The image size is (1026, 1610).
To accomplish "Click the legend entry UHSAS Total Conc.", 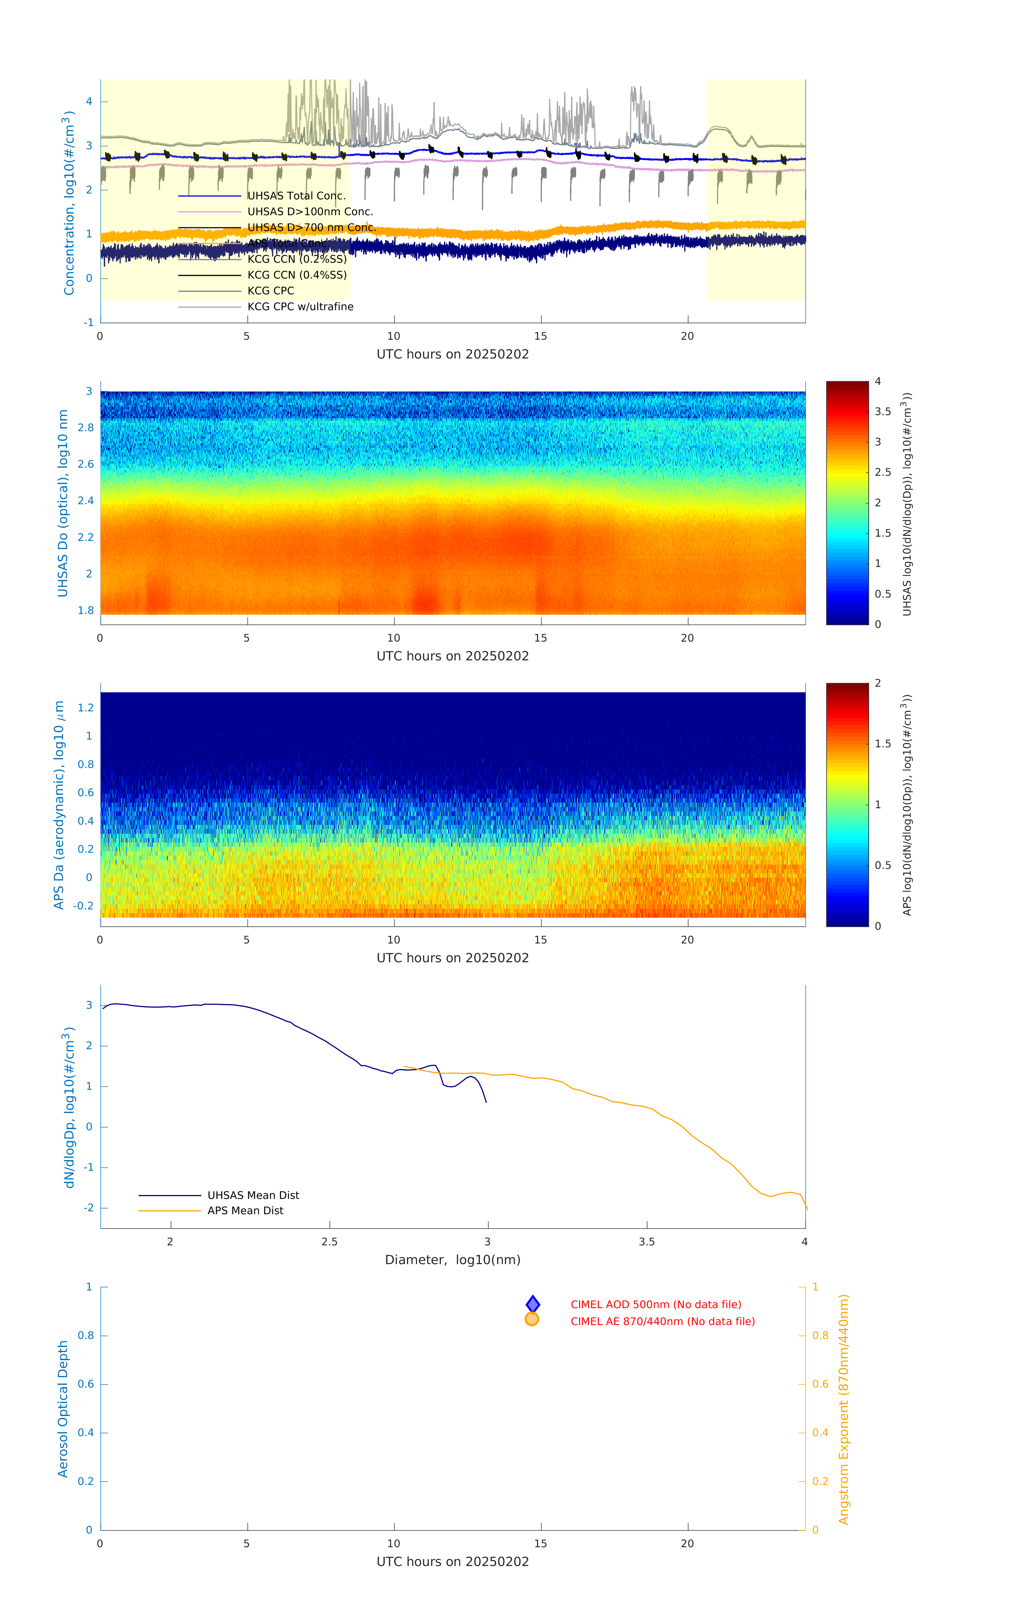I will (296, 196).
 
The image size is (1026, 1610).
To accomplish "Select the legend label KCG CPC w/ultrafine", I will (300, 307).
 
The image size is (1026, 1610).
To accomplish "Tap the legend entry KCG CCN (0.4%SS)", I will (297, 275).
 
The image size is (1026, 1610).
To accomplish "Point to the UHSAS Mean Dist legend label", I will (253, 1195).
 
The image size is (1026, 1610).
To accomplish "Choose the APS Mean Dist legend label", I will (245, 1211).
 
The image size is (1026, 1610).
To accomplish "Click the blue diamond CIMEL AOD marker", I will (533, 1304).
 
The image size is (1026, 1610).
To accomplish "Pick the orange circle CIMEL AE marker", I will (532, 1319).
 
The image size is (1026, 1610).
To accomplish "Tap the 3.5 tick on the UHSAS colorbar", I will (883, 412).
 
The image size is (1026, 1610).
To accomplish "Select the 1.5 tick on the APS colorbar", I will (883, 744).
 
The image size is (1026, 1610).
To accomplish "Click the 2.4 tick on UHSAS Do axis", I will (86, 501).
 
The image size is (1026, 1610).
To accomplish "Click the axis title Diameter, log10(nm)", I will (453, 1260).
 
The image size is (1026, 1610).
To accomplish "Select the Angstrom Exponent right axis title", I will (844, 1409).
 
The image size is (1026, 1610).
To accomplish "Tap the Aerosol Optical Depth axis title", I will (63, 1409).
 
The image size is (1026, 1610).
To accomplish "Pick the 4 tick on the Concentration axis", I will (89, 102).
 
